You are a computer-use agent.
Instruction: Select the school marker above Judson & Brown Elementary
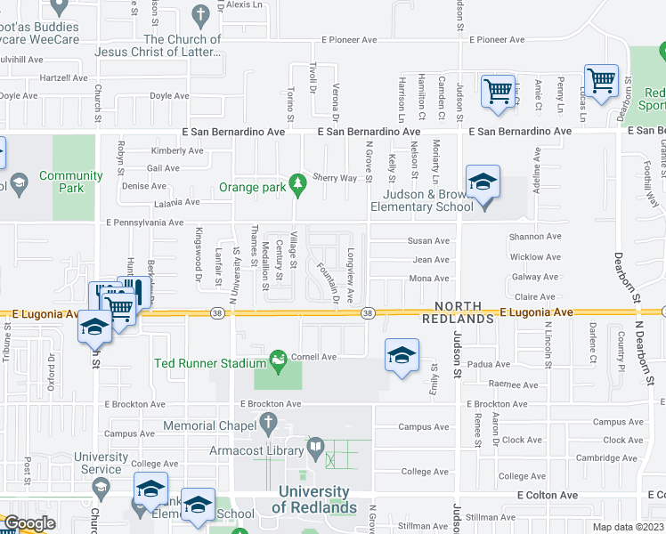point(483,183)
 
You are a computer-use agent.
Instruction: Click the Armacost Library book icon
point(314,445)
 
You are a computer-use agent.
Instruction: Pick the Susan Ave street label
point(428,241)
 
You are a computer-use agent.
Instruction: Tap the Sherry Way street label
point(336,178)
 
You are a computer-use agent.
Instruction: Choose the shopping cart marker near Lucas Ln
point(601,81)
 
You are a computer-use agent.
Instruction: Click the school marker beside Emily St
point(402,355)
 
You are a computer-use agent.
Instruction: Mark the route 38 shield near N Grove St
point(367,312)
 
